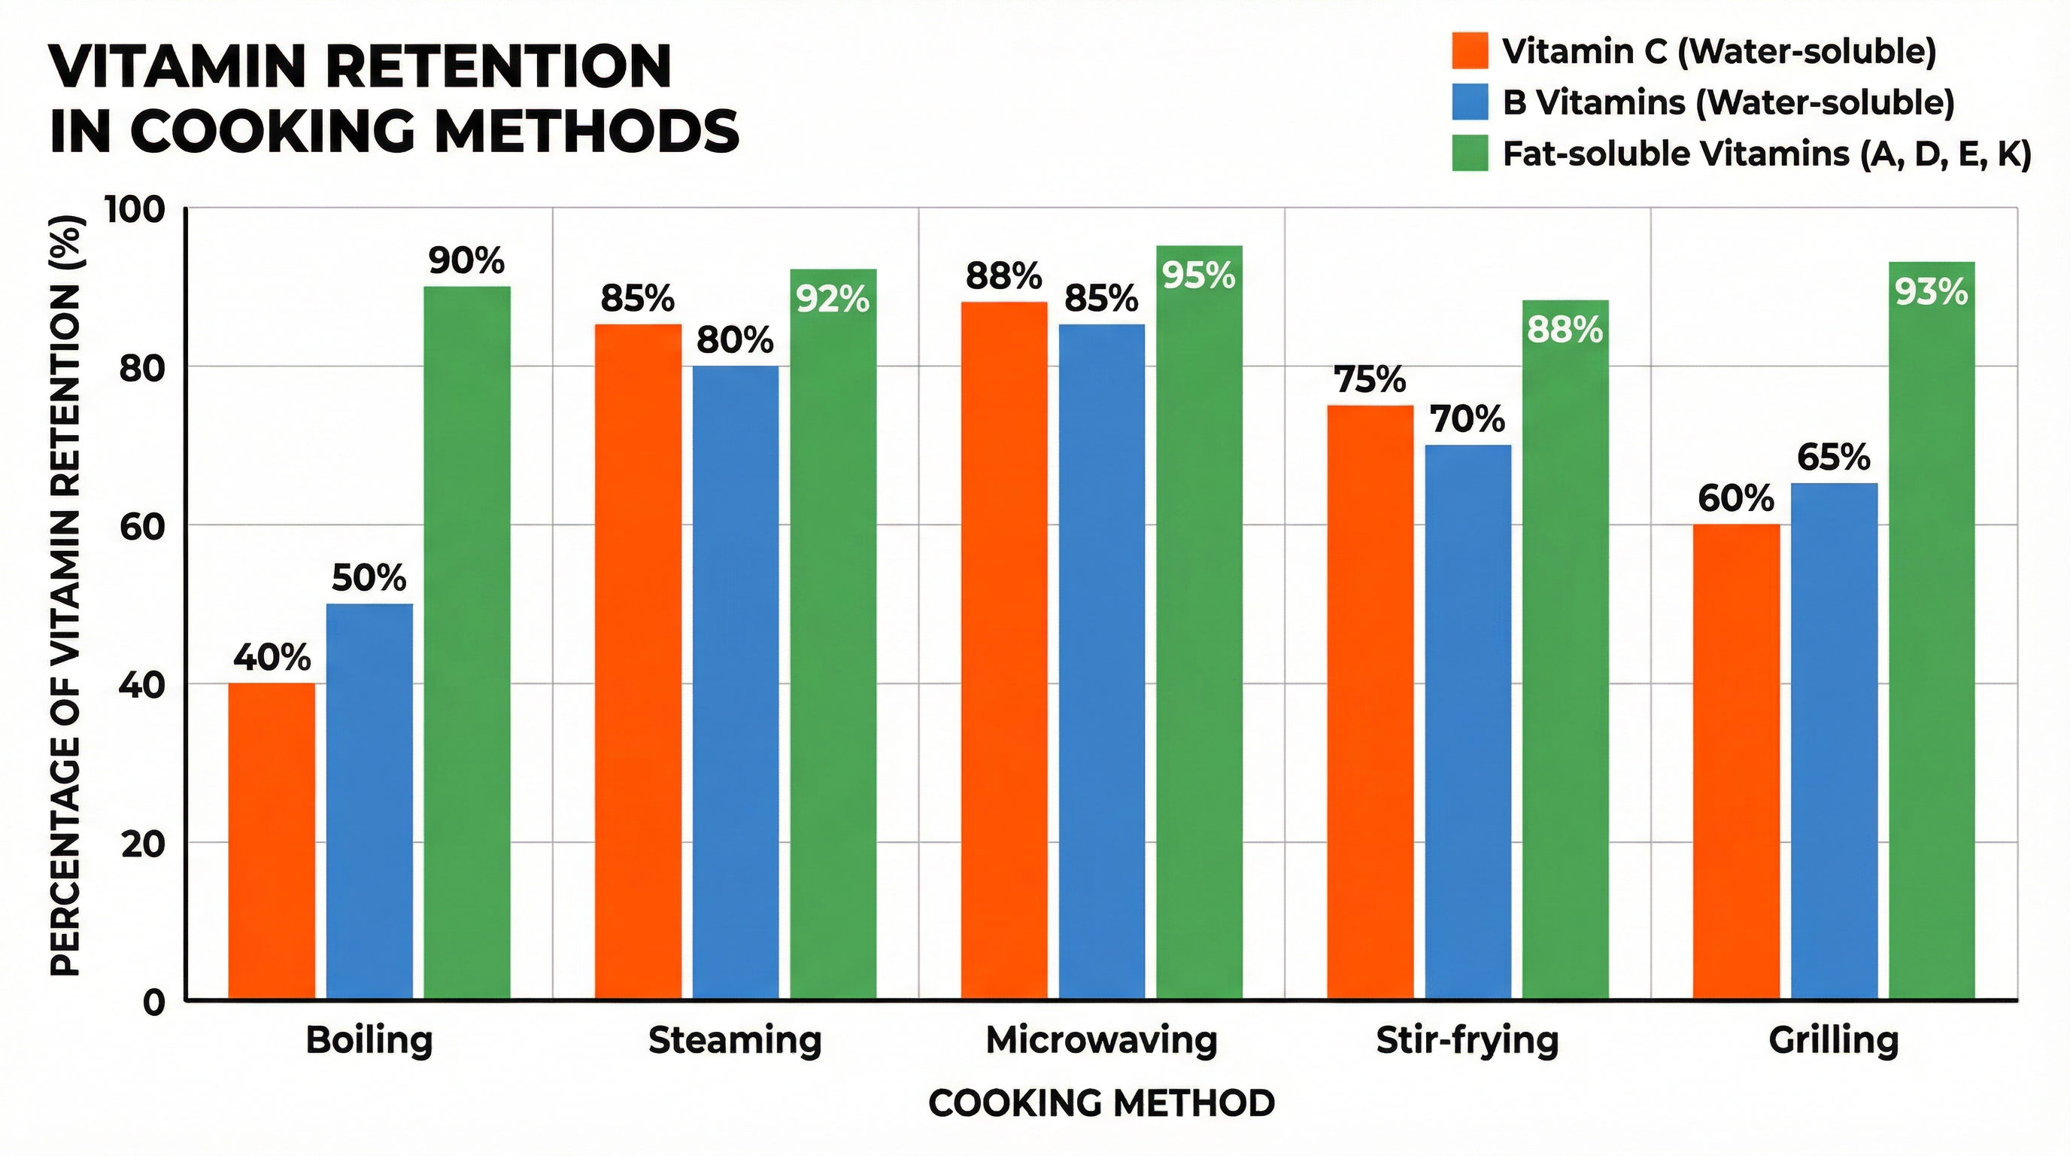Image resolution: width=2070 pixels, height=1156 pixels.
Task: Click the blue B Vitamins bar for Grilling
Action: coord(1834,741)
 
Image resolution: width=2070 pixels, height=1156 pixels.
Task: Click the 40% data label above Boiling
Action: coord(272,658)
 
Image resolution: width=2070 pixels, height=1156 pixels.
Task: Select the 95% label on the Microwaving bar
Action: coord(1199,275)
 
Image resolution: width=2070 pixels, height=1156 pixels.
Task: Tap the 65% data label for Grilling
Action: coord(1834,458)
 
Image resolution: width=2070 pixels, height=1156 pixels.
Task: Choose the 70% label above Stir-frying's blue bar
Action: coord(1468,419)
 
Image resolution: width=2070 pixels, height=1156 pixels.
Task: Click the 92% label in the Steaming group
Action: coord(833,299)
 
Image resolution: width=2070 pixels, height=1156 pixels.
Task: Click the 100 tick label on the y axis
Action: coord(135,210)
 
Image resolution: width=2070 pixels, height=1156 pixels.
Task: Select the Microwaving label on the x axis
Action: coord(1101,1040)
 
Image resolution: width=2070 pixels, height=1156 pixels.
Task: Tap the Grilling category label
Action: coord(1834,1040)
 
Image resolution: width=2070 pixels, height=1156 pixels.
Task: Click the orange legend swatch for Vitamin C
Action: coord(1470,50)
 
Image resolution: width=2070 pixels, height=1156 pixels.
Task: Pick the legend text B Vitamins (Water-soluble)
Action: coord(1728,102)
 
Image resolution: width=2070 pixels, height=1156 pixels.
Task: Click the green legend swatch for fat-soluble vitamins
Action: coord(1470,153)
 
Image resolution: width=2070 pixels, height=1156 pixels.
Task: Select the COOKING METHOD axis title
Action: coord(1101,1103)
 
